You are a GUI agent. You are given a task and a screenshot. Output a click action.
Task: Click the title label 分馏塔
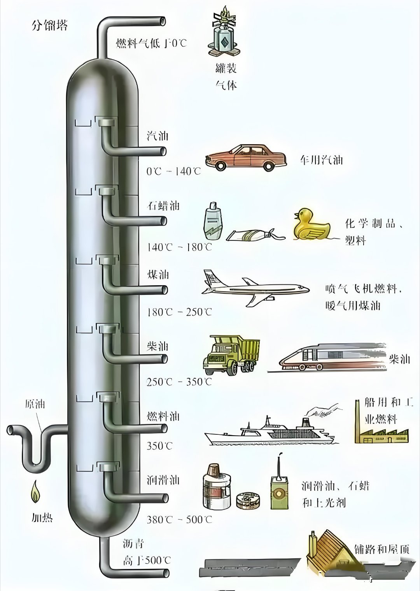tap(49, 25)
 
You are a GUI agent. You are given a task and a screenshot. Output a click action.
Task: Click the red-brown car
tap(246, 157)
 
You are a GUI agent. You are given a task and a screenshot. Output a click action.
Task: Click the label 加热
tap(42, 518)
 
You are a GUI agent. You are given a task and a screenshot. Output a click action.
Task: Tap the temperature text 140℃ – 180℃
tap(179, 247)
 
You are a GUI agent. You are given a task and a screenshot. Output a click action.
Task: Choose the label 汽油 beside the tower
tap(157, 136)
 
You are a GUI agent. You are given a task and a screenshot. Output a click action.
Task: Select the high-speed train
tap(331, 356)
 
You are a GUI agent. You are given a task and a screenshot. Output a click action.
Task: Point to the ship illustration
tap(268, 432)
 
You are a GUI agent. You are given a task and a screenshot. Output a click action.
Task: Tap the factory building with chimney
tap(381, 429)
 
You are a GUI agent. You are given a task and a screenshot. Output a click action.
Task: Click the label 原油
tap(35, 404)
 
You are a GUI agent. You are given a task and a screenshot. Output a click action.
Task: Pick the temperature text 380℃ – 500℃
tap(179, 519)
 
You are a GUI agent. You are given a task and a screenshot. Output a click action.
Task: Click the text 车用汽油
tap(321, 160)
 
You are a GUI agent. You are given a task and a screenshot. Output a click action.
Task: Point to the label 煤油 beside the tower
tap(157, 274)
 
